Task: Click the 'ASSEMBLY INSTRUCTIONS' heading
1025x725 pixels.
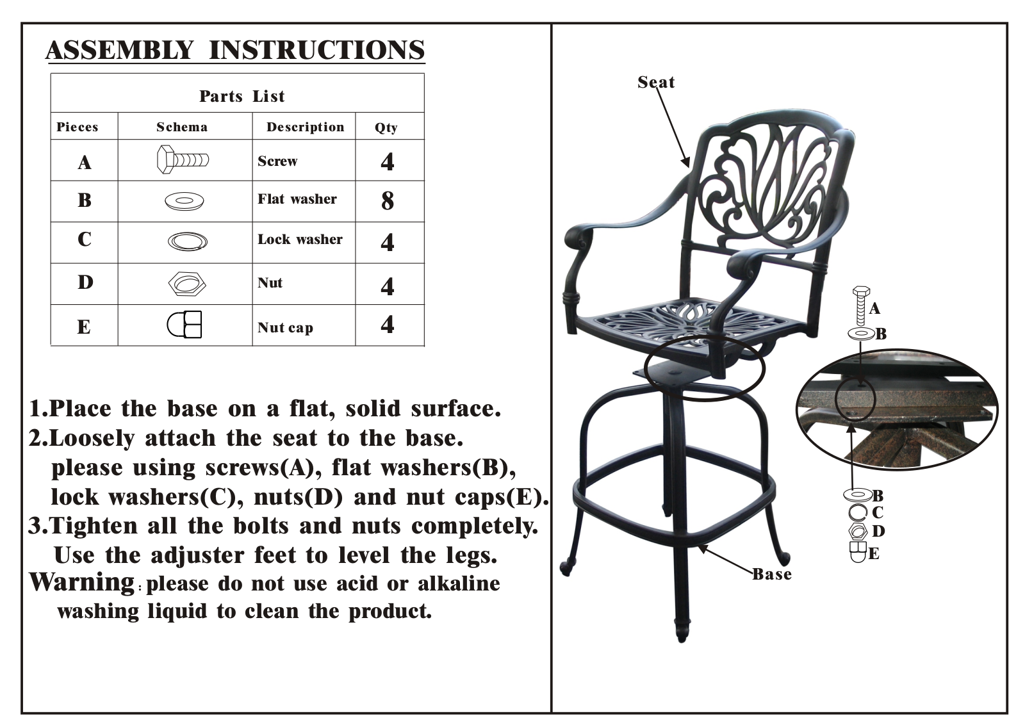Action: (x=235, y=50)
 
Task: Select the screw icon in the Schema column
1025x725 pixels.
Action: (x=183, y=159)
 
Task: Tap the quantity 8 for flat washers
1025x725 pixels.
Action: (x=387, y=200)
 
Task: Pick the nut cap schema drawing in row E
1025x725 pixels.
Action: (x=184, y=324)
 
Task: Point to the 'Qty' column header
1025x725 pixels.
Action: (x=386, y=127)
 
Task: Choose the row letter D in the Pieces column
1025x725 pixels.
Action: (x=85, y=282)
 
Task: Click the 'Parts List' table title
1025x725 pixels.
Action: (x=242, y=96)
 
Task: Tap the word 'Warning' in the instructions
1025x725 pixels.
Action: (x=81, y=582)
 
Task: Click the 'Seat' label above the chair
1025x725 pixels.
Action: (x=656, y=82)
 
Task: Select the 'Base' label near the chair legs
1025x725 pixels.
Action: (x=772, y=574)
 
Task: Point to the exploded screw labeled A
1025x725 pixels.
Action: (x=861, y=306)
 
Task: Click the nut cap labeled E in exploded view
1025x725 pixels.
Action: (x=858, y=552)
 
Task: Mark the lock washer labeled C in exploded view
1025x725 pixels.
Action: (x=858, y=512)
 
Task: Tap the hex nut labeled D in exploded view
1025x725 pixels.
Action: (x=858, y=531)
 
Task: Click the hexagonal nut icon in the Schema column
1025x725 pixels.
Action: (x=187, y=284)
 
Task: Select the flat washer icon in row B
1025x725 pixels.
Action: (x=184, y=201)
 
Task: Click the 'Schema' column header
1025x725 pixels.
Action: (x=182, y=127)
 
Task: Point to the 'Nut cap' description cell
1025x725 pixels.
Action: (x=285, y=327)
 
